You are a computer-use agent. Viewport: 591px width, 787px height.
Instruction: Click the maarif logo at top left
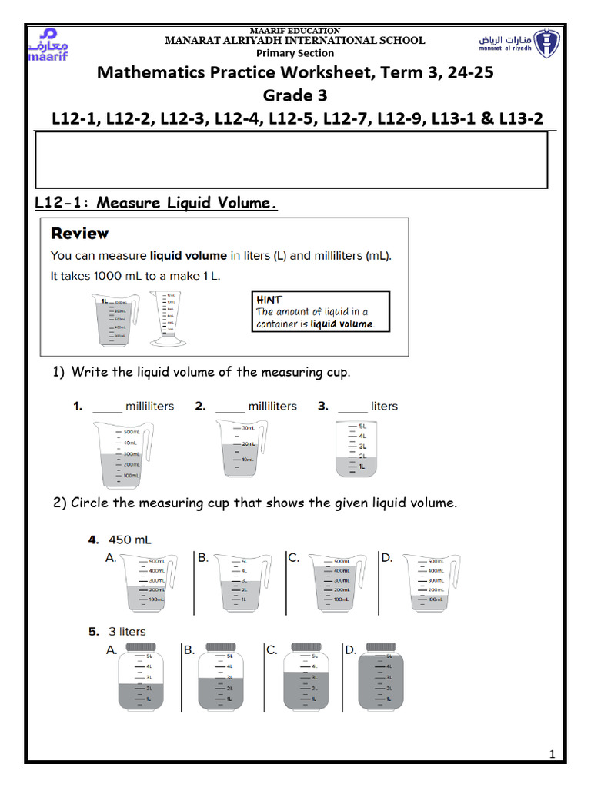coord(49,45)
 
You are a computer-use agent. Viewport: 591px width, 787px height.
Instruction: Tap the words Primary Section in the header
coord(295,53)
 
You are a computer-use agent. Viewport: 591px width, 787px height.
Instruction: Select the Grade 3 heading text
coord(295,95)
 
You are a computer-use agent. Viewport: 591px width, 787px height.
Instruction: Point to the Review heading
coord(79,233)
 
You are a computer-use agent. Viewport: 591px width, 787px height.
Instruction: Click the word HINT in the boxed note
coord(269,300)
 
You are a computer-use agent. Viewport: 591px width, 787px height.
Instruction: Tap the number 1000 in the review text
coord(111,276)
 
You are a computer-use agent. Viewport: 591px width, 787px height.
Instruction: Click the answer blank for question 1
coord(107,407)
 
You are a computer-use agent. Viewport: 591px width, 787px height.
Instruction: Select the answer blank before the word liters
coord(352,407)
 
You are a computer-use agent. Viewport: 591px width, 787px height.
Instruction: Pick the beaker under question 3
coord(353,449)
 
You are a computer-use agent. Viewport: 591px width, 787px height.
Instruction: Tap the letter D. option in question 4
coord(387,559)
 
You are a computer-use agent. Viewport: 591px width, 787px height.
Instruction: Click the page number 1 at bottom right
coord(552,755)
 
